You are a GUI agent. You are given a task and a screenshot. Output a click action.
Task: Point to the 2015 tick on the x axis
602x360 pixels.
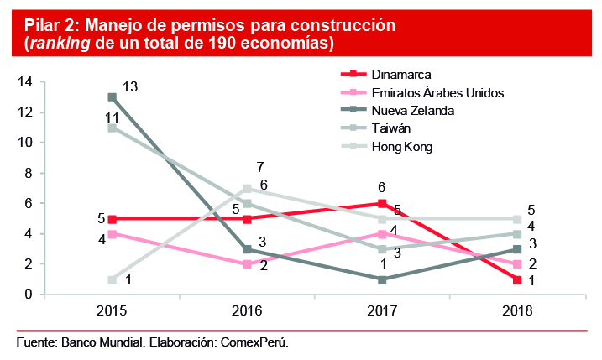112,311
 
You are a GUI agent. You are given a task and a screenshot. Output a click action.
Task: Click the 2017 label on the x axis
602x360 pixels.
382,311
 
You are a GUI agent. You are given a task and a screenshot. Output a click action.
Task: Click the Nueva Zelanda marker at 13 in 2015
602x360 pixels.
112,97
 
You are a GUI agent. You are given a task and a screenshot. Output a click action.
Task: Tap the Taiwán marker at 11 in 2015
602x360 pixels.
112,128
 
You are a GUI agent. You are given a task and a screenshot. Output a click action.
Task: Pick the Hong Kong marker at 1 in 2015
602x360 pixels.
112,279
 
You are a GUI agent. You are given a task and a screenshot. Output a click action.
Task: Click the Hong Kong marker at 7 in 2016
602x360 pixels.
247,188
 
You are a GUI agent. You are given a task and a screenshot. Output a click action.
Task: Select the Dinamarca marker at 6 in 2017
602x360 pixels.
382,203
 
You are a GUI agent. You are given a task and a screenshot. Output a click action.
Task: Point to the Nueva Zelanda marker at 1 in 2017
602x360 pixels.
382,279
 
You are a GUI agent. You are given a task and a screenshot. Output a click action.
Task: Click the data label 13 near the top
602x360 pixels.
130,86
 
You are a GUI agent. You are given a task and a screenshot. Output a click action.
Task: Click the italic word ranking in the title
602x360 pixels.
61,42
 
